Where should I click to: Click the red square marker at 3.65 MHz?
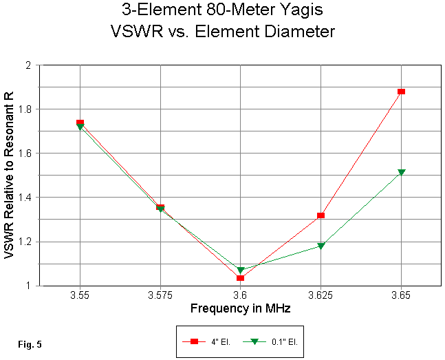point(401,92)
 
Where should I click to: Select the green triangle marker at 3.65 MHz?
point(401,173)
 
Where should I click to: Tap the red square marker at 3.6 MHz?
point(241,278)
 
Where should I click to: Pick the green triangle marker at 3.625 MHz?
point(321,246)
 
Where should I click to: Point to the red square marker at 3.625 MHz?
point(321,216)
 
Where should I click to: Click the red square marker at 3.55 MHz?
point(80,123)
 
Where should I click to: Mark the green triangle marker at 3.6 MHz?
point(241,271)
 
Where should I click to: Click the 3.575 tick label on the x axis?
point(160,295)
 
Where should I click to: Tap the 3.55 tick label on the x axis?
point(80,295)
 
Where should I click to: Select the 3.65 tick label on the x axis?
point(401,295)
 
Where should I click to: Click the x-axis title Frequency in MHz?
point(240,308)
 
